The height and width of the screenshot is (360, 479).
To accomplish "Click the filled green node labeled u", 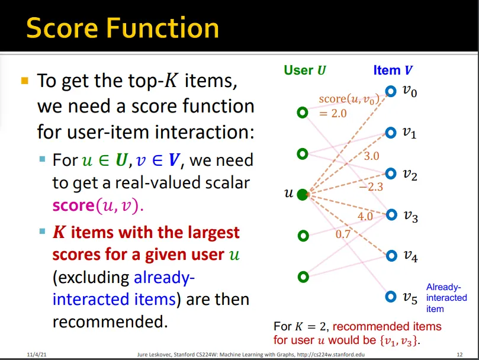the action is pyautogui.click(x=303, y=194).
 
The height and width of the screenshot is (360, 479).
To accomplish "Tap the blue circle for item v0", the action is pyautogui.click(x=390, y=91).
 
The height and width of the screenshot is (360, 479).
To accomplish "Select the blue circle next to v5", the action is pyautogui.click(x=390, y=297).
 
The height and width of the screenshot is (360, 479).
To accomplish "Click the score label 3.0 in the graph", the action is pyautogui.click(x=371, y=156).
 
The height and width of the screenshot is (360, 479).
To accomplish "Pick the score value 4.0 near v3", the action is pyautogui.click(x=365, y=217).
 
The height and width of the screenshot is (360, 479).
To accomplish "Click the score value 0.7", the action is pyautogui.click(x=343, y=234).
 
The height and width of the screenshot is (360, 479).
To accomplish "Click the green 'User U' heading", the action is pyautogui.click(x=305, y=70).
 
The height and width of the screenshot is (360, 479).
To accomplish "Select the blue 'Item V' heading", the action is pyautogui.click(x=393, y=70).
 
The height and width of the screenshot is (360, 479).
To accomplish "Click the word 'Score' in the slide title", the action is pyautogui.click(x=63, y=28).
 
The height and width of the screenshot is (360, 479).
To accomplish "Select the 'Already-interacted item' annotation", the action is pyautogui.click(x=446, y=298).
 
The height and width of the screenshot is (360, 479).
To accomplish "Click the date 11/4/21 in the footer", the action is pyautogui.click(x=37, y=353).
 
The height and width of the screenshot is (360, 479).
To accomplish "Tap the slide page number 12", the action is pyautogui.click(x=459, y=353).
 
